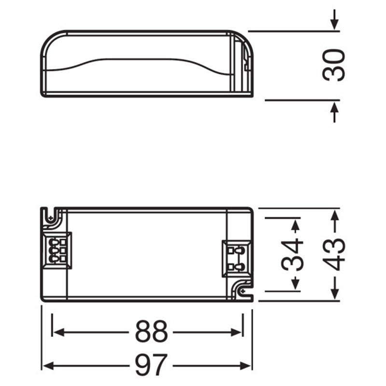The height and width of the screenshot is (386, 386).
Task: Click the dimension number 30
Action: point(334,65)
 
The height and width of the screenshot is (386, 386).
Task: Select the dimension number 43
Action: point(334,255)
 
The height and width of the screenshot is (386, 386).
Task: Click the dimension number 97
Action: point(151,365)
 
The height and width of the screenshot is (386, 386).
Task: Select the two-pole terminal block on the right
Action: point(236,259)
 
